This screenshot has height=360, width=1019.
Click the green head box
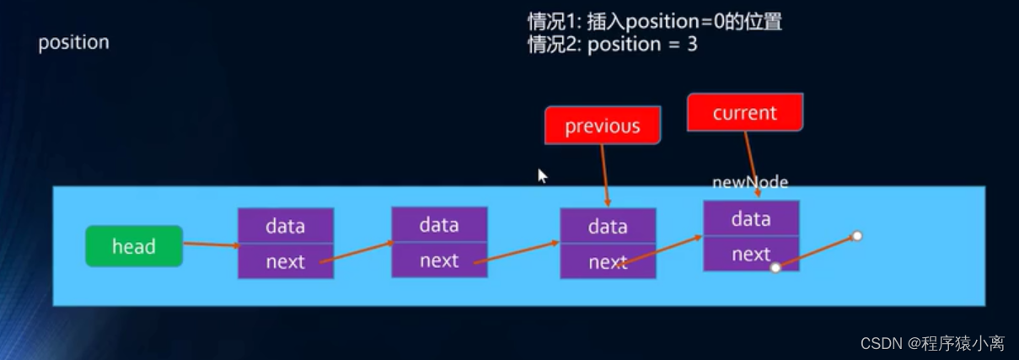coord(134,246)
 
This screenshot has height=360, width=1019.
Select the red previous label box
coord(602,126)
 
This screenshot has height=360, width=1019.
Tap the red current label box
coord(744,113)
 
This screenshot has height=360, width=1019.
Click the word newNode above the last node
coord(750,182)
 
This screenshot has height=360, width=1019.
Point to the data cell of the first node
coord(285,226)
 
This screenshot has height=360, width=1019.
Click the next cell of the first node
coord(285,261)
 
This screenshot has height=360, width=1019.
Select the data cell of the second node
coord(439,225)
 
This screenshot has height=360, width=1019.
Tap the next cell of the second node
coord(439,261)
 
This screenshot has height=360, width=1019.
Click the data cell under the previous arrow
coord(608,226)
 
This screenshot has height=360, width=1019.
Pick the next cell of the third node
coord(608,262)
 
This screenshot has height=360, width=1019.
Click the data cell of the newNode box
coord(751,219)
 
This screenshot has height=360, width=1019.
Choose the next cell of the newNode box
coord(751,254)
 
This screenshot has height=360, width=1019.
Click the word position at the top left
coord(73,42)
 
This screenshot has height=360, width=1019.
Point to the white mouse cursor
coord(542,175)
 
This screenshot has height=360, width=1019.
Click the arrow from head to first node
coord(211,244)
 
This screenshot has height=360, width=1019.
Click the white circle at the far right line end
coord(857,236)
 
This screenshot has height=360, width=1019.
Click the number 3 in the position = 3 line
coord(691,44)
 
